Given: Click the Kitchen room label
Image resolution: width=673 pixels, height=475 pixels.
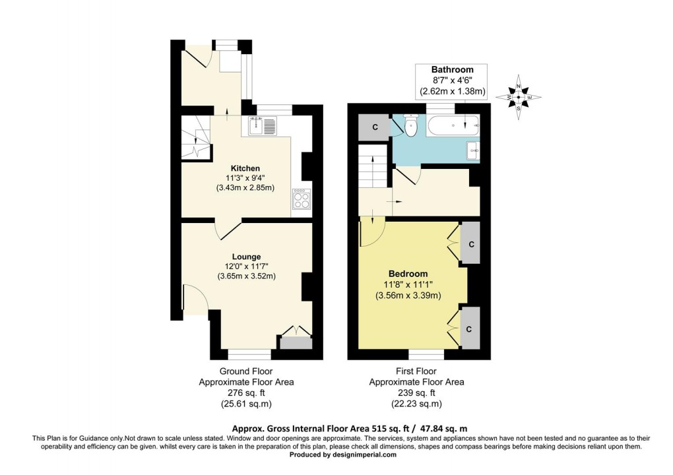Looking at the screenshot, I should (245, 168).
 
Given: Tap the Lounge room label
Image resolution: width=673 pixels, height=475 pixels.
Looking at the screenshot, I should (245, 257).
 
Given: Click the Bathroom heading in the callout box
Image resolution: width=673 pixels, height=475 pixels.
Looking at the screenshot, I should (452, 69).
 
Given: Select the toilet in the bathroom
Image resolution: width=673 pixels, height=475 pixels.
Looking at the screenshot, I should (411, 126).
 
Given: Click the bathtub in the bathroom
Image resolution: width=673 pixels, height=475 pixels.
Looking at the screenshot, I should (453, 125).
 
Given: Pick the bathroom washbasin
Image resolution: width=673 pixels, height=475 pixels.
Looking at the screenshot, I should (473, 151).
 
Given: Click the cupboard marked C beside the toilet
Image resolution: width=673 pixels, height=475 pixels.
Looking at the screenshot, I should (375, 127).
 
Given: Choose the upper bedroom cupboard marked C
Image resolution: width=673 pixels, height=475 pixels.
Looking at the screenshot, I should (470, 243).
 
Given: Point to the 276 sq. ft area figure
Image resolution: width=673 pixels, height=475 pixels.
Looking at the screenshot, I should (245, 393).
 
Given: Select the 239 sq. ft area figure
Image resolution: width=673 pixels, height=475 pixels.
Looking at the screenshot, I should (416, 393).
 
